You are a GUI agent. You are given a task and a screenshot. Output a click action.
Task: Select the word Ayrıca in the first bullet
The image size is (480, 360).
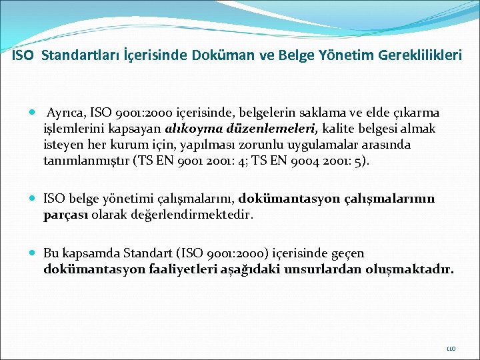(x=65, y=113)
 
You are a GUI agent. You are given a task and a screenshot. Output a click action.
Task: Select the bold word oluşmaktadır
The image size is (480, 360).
(x=413, y=270)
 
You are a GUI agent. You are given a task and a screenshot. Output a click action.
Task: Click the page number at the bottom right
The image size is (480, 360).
(x=451, y=347)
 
